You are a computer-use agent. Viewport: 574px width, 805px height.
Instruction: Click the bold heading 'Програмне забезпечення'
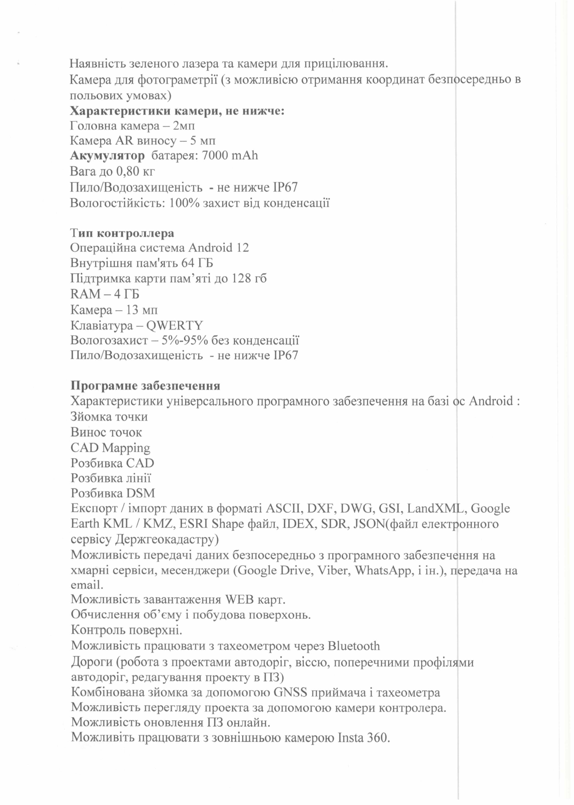coord(145,386)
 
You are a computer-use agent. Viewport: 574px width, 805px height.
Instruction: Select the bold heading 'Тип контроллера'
coord(122,233)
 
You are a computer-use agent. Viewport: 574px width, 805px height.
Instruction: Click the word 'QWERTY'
coord(174,325)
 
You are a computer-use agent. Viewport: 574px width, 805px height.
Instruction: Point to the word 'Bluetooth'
coord(353,646)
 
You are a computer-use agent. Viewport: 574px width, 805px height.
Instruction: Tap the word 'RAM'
coord(85,294)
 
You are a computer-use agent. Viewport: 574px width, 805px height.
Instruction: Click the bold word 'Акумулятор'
coord(107,156)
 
